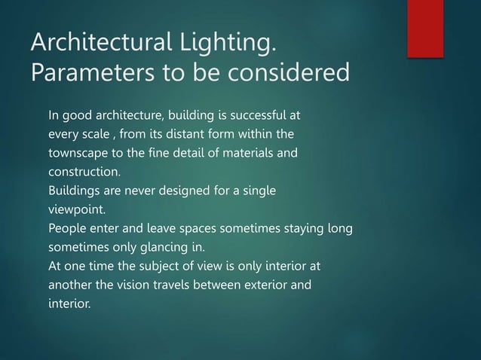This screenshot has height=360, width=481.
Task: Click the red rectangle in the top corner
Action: click(x=425, y=27)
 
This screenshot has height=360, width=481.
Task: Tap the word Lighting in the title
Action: click(x=223, y=44)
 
